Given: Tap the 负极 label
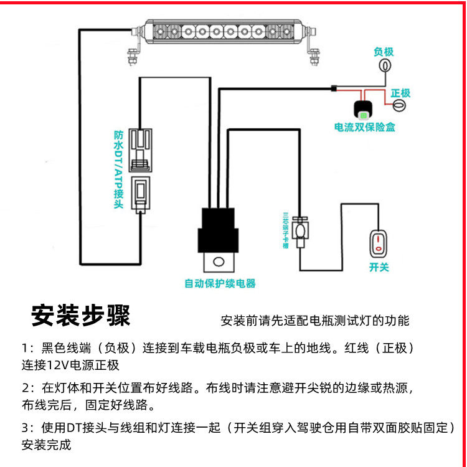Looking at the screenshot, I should (x=384, y=52).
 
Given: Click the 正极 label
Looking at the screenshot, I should (x=400, y=93).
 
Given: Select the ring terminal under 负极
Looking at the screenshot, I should (x=385, y=66).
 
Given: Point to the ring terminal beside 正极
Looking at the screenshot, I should (x=401, y=106).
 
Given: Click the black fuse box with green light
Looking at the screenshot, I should (x=364, y=110).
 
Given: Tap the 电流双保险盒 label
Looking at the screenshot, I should (x=365, y=128).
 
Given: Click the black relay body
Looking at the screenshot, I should (x=220, y=230).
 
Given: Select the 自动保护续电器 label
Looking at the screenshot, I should (x=220, y=284).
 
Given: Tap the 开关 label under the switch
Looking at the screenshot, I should (x=379, y=267).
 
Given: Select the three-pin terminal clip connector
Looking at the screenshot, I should (x=301, y=230).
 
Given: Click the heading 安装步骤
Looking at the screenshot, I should (x=81, y=316).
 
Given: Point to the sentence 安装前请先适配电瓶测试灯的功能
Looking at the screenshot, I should (x=315, y=321).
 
